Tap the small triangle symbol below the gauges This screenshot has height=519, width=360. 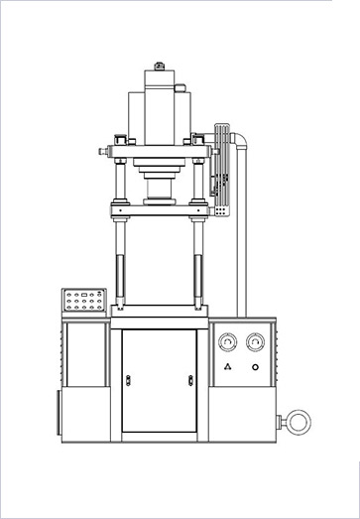pos(229,368)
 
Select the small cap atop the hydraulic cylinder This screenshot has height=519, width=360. pos(159,65)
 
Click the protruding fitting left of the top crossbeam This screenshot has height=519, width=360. pos(104,151)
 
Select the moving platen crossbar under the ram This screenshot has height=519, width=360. pos(159,209)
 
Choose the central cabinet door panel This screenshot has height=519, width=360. pos(159,380)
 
